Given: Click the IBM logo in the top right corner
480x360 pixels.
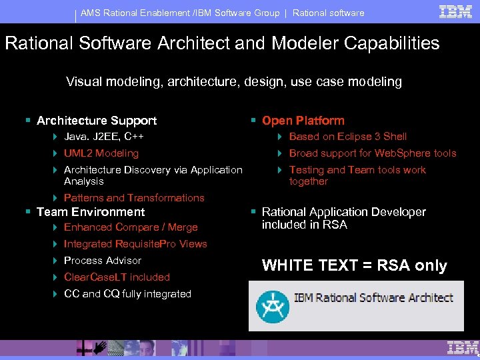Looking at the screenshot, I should point(456,11).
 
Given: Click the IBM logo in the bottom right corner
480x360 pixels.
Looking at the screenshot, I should point(463,347).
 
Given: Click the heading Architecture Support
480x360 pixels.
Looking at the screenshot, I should point(97,121).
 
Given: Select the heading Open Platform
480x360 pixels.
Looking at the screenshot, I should point(303,121).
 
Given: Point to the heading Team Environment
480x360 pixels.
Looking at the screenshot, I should point(91,212).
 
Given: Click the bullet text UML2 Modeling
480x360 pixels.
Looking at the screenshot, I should point(101,153).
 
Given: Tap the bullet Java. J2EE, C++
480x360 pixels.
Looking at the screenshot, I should point(104,137).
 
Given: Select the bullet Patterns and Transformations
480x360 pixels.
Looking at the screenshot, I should point(134,198).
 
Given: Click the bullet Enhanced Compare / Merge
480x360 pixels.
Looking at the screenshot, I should point(131,227).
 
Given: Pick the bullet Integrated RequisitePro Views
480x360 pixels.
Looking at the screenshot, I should point(135,244).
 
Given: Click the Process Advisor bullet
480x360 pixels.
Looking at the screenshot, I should point(103,261).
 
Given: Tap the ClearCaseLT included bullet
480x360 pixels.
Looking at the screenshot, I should point(117,277).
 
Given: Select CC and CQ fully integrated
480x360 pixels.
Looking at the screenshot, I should point(127,294).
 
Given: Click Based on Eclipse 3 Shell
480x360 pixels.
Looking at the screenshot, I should point(347,137).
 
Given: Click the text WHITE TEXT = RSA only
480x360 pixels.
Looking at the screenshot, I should point(354,265).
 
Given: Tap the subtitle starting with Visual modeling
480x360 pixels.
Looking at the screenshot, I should point(233,82).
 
